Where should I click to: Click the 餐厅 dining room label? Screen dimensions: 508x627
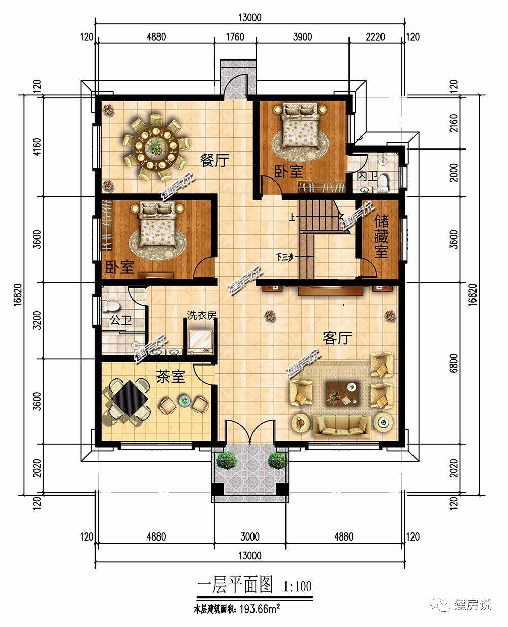coord(214,160)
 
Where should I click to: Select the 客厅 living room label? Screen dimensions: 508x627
coord(337,338)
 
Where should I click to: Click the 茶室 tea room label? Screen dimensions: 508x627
coord(171,376)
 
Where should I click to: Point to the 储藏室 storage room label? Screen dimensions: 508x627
coord(381,236)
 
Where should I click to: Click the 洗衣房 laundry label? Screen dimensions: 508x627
coord(202,315)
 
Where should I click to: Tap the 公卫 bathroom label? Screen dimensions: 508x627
coord(120,320)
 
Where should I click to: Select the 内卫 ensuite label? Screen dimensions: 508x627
coord(367,176)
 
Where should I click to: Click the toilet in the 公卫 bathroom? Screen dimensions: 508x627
coord(110,306)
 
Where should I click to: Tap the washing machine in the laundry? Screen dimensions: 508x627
coord(201,342)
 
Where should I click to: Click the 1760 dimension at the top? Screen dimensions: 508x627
coord(235,37)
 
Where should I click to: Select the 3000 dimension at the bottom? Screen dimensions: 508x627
coord(250,536)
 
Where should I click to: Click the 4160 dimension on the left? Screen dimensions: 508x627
coord(37,147)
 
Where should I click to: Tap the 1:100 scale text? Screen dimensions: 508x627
coord(297,586)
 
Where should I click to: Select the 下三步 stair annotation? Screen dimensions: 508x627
coord(285,258)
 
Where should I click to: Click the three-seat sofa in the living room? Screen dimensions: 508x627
coord(341,427)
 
